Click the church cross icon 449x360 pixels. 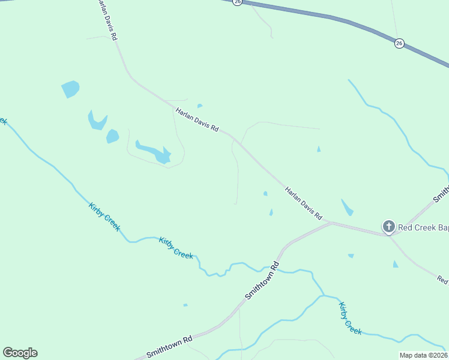click(388, 227)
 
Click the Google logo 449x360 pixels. click(20, 353)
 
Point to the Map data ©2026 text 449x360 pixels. click(423, 355)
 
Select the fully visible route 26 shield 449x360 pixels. click(399, 43)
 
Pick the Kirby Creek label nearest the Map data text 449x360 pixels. click(350, 318)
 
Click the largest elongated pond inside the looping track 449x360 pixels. click(155, 152)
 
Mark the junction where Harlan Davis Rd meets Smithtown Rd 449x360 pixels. click(331, 223)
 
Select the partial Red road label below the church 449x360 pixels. click(443, 280)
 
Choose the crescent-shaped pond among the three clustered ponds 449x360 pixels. click(97, 121)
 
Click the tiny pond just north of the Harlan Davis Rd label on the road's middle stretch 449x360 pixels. click(200, 106)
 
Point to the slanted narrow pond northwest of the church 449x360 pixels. click(347, 208)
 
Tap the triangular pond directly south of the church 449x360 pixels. click(395, 264)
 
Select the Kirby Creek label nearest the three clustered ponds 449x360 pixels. click(104, 217)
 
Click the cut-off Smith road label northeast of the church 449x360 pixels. click(441, 193)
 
